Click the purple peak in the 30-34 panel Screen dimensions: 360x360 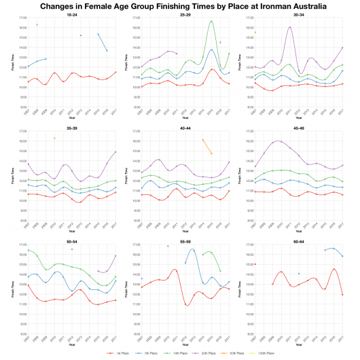290,27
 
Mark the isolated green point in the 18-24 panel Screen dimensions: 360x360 36,24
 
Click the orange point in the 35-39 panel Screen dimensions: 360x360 54,139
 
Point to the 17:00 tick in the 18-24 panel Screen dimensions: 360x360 21,18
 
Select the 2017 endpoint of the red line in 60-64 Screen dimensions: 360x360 342,295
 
